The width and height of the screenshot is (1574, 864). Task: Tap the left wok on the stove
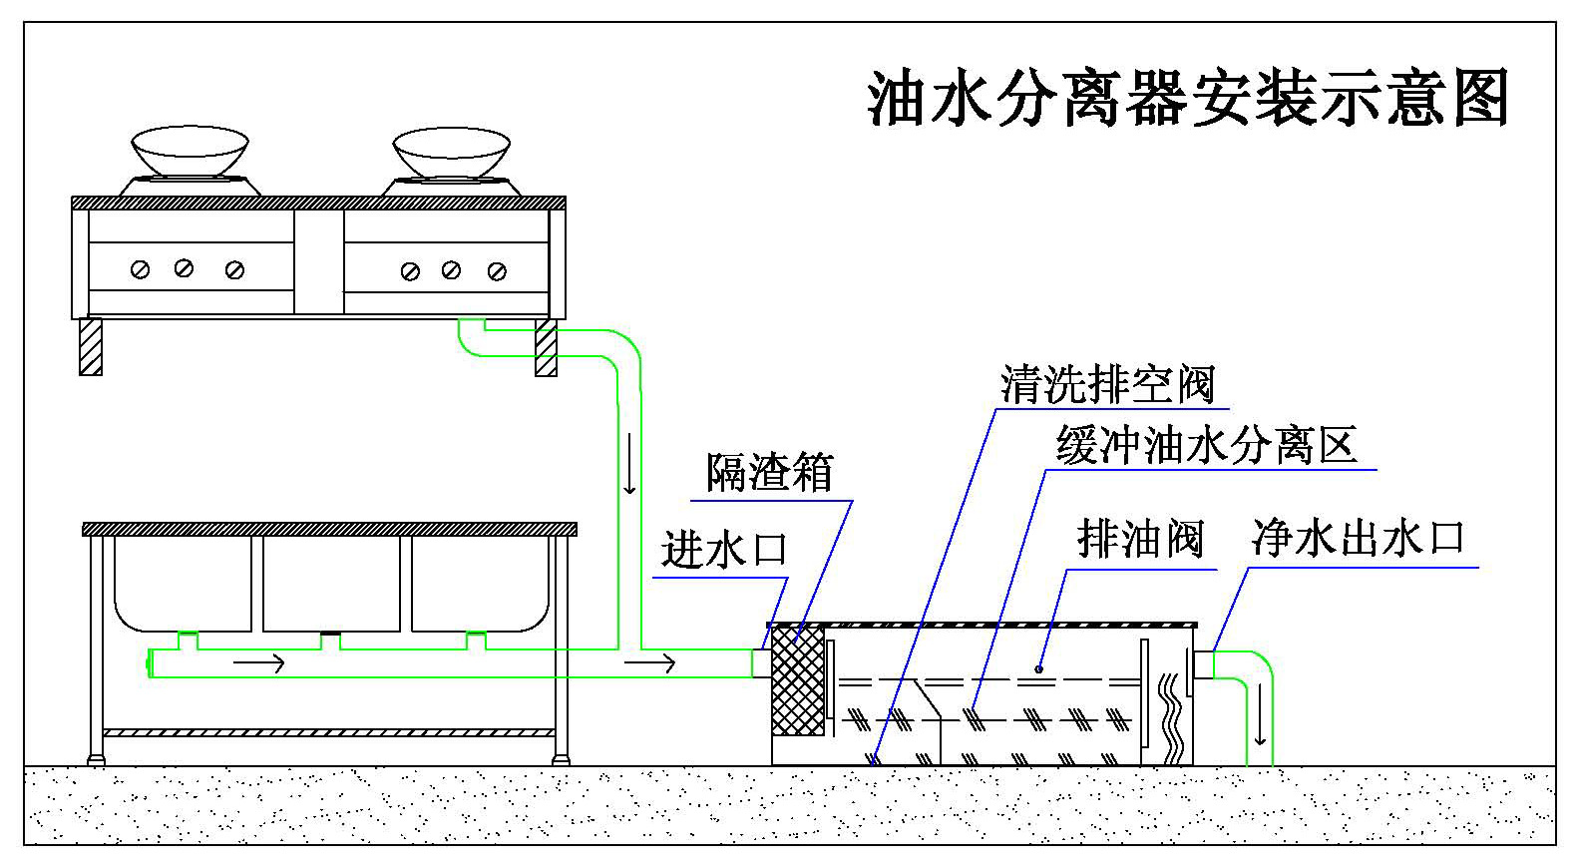coord(191,152)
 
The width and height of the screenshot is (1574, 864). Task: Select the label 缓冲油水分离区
coord(1207,445)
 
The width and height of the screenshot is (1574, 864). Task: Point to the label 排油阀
coord(1140,540)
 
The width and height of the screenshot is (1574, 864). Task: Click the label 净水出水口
coord(1358,538)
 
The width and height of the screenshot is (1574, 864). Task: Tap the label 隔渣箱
coord(769,472)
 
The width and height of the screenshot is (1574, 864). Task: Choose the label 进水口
coord(724,550)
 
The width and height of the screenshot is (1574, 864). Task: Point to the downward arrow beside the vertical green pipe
coord(629,477)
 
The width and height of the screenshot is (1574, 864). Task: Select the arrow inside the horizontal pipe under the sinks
coord(258,662)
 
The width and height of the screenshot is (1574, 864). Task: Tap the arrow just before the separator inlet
coord(650,662)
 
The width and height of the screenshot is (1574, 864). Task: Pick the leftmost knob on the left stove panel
coord(141,269)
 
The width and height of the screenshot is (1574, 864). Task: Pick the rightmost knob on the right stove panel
coord(497,271)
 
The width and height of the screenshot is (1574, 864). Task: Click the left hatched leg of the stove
coord(91,346)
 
